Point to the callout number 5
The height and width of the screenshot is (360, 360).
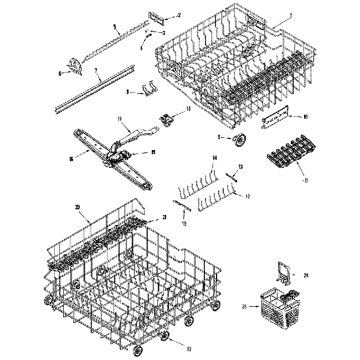pos(114,27)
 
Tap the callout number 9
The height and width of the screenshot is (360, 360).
pos(219,137)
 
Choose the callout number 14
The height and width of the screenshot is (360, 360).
pos(213,160)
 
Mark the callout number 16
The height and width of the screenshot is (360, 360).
pos(70,159)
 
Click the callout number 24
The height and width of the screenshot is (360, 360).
pos(305,275)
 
